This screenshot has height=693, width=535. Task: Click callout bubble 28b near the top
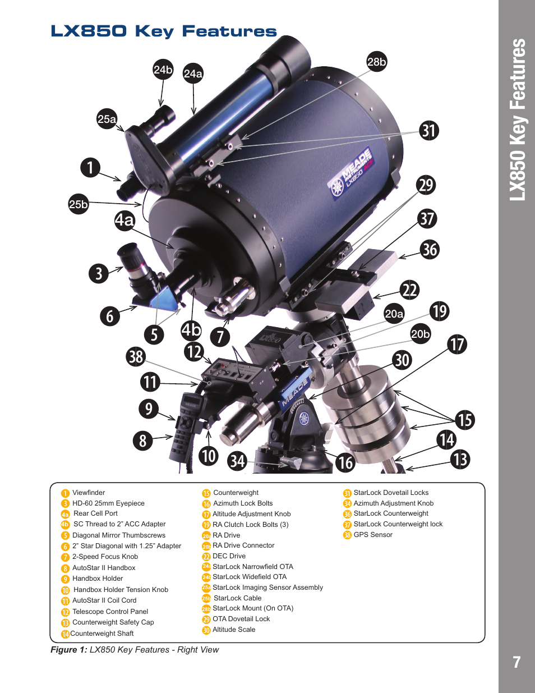point(377,62)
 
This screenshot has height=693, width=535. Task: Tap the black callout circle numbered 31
point(429,131)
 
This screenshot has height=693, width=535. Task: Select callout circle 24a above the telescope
point(193,74)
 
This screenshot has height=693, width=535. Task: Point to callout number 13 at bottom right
point(460,460)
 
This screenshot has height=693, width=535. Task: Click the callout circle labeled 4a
point(124,220)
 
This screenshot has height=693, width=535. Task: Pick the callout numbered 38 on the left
point(136,356)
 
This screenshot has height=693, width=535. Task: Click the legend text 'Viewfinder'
point(89,493)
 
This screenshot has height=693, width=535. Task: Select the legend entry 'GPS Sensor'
point(373,535)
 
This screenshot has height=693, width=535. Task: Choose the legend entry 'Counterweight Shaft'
point(102,634)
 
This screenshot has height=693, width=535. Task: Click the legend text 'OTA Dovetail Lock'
point(241,619)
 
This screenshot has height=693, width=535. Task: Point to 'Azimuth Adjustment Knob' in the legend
point(393,503)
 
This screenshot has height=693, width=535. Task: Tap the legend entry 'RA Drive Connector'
point(243,545)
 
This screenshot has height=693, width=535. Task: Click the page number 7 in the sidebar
point(517,662)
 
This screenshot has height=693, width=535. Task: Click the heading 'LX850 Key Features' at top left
point(164,31)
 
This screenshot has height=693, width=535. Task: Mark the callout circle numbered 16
point(345,462)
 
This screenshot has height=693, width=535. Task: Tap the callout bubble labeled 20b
point(421,334)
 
